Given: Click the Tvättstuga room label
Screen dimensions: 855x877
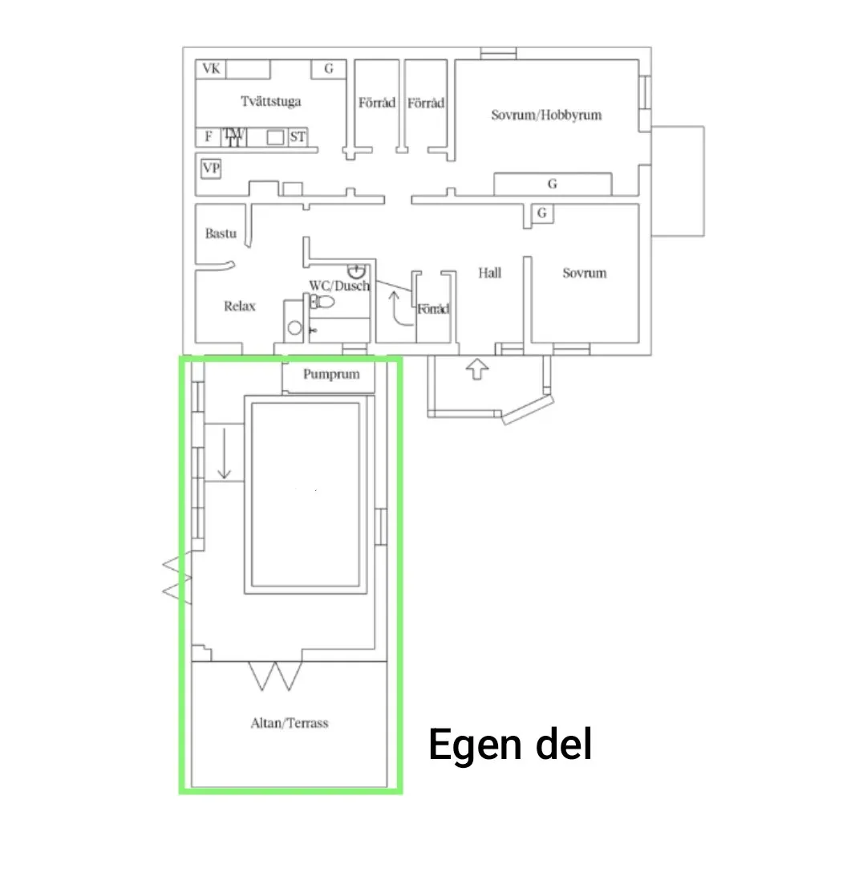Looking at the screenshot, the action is click(x=270, y=101).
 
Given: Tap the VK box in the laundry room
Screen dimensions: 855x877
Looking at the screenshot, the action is click(x=211, y=69).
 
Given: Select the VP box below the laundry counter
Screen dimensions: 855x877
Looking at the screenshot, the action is click(x=211, y=168).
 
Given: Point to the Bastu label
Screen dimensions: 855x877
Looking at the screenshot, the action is click(x=221, y=233).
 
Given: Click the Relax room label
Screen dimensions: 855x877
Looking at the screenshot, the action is click(x=239, y=306).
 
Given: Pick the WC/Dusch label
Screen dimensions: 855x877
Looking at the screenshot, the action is click(x=339, y=286).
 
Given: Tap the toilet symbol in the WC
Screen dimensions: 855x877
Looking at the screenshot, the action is click(x=322, y=302).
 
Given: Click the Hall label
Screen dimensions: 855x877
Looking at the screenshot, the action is click(x=489, y=273).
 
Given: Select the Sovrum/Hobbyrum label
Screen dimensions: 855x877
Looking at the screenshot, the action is click(x=546, y=115).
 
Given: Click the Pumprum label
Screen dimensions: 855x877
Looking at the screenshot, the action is click(x=331, y=374).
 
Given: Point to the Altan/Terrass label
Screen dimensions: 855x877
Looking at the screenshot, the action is click(x=289, y=723).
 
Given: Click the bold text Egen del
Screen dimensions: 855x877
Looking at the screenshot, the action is click(x=510, y=745).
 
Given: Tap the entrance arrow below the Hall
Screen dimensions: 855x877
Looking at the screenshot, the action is click(x=477, y=369).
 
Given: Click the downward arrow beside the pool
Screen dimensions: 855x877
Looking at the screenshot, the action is click(x=225, y=453).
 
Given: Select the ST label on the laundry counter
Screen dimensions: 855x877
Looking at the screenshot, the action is click(x=298, y=137).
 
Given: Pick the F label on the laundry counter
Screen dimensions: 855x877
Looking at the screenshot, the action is click(x=208, y=136).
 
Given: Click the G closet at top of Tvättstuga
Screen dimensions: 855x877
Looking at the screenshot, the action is click(x=329, y=69).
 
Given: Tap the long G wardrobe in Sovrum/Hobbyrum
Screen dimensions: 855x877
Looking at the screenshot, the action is click(x=553, y=184).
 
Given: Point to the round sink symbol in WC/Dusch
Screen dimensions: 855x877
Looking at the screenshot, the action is click(x=356, y=272).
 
